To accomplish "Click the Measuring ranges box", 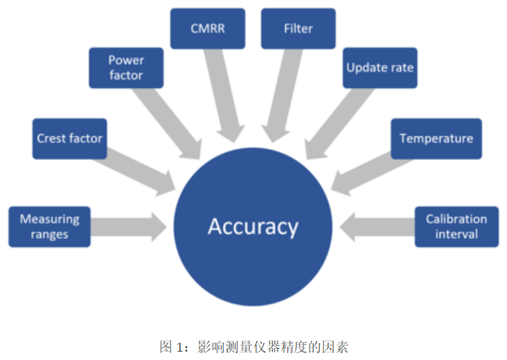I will [49, 226].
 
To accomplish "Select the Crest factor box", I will [69, 138].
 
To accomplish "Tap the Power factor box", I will [126, 68].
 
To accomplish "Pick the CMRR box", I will [207, 28].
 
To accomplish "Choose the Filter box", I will [298, 28].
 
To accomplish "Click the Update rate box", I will [380, 68].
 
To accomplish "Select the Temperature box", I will [436, 138].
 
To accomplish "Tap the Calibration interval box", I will [456, 226].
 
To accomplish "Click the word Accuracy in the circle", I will [253, 226].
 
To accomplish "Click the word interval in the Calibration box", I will [456, 234].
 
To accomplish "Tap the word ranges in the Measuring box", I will [49, 234].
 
